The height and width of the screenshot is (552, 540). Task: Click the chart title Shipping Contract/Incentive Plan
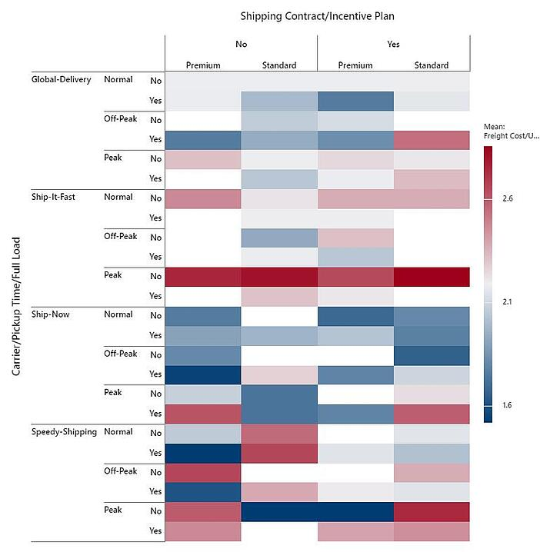318,15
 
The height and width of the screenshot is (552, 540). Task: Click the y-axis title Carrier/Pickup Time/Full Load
16,306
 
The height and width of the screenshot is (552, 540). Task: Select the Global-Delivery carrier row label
61,79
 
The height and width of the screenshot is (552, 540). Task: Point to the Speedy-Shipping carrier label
64,432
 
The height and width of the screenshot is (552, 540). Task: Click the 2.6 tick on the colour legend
508,198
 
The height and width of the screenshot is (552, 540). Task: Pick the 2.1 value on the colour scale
508,302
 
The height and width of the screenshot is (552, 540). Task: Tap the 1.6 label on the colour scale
508,405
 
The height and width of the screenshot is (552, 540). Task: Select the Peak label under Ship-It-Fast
114,275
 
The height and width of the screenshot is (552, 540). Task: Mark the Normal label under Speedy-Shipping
118,432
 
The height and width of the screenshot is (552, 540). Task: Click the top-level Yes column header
393,45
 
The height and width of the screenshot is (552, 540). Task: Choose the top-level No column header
241,45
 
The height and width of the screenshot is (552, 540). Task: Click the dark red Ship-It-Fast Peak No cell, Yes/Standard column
431,277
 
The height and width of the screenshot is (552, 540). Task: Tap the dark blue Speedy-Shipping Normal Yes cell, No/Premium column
203,452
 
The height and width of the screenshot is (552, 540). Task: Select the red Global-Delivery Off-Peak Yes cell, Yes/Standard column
431,140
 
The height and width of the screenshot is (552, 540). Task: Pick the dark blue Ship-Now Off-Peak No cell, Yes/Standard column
431,355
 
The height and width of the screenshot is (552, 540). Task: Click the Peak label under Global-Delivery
114,158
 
